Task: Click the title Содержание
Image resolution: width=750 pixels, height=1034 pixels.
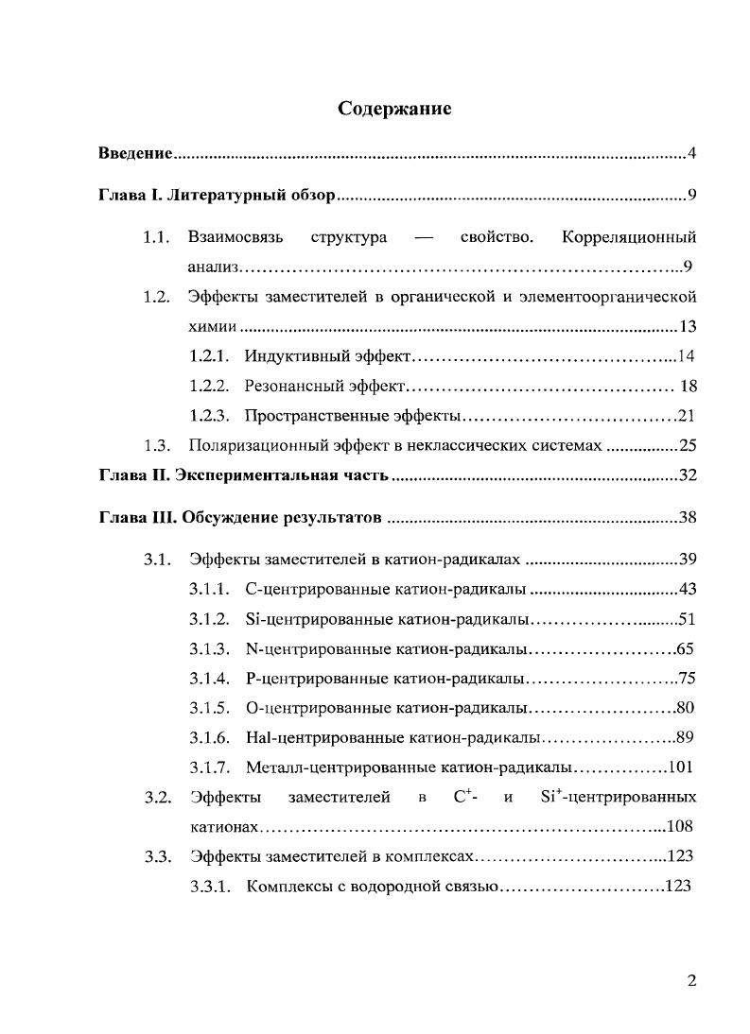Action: [394, 109]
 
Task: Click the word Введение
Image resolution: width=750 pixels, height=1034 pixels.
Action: [135, 153]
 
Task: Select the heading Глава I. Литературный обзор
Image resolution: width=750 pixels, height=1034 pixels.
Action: [217, 196]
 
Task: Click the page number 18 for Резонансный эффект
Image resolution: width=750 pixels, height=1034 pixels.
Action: [688, 386]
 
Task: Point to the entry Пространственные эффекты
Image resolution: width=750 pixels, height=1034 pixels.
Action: [352, 416]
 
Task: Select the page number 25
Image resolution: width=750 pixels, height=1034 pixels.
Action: [688, 445]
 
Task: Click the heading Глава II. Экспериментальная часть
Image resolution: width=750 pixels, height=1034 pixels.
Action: [243, 474]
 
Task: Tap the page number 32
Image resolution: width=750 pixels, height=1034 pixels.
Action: [688, 474]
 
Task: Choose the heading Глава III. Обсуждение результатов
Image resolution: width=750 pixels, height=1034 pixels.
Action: [240, 518]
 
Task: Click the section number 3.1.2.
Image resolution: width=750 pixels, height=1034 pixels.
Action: [209, 620]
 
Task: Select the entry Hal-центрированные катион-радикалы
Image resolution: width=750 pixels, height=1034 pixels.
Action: [392, 737]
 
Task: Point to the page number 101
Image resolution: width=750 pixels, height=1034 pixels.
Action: [681, 767]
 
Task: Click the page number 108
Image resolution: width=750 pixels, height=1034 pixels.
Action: [680, 826]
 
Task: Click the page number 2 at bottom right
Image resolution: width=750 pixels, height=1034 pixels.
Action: [691, 981]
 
